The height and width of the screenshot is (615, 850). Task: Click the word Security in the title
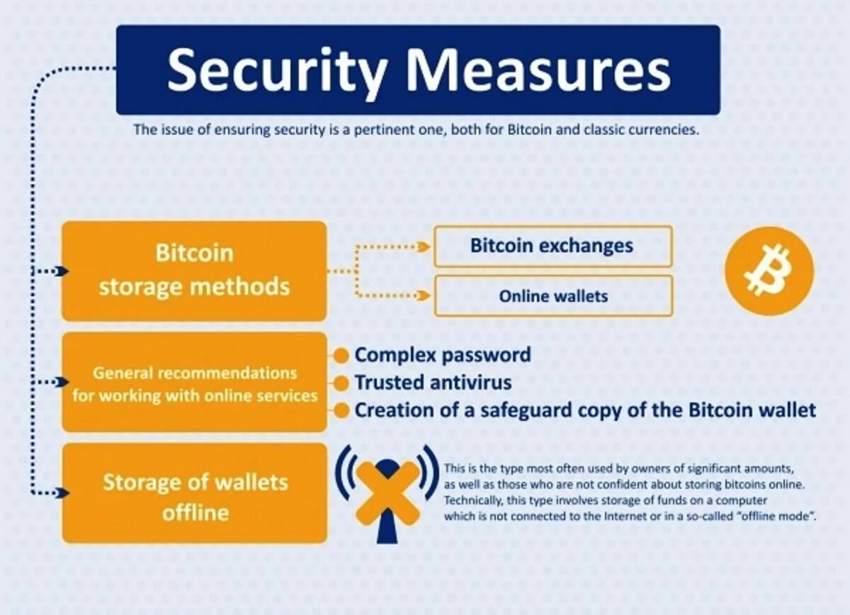[277, 71]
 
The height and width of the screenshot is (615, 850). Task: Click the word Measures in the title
[539, 71]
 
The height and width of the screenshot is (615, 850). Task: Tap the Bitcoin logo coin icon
[769, 270]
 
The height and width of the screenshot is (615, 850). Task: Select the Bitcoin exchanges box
[552, 247]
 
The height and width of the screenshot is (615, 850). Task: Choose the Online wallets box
[552, 295]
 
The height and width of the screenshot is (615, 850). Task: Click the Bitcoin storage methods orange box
[194, 271]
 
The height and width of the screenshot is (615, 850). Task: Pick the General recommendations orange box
[194, 383]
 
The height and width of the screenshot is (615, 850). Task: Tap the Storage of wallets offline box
[194, 494]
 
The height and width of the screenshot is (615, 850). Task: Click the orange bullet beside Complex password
[342, 356]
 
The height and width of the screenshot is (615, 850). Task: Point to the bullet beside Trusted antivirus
[342, 383]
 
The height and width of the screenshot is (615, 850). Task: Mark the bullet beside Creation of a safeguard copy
[342, 411]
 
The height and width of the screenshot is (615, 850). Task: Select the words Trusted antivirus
[433, 383]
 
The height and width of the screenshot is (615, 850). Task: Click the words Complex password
[443, 355]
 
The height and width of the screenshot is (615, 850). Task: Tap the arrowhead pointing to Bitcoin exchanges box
[424, 247]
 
